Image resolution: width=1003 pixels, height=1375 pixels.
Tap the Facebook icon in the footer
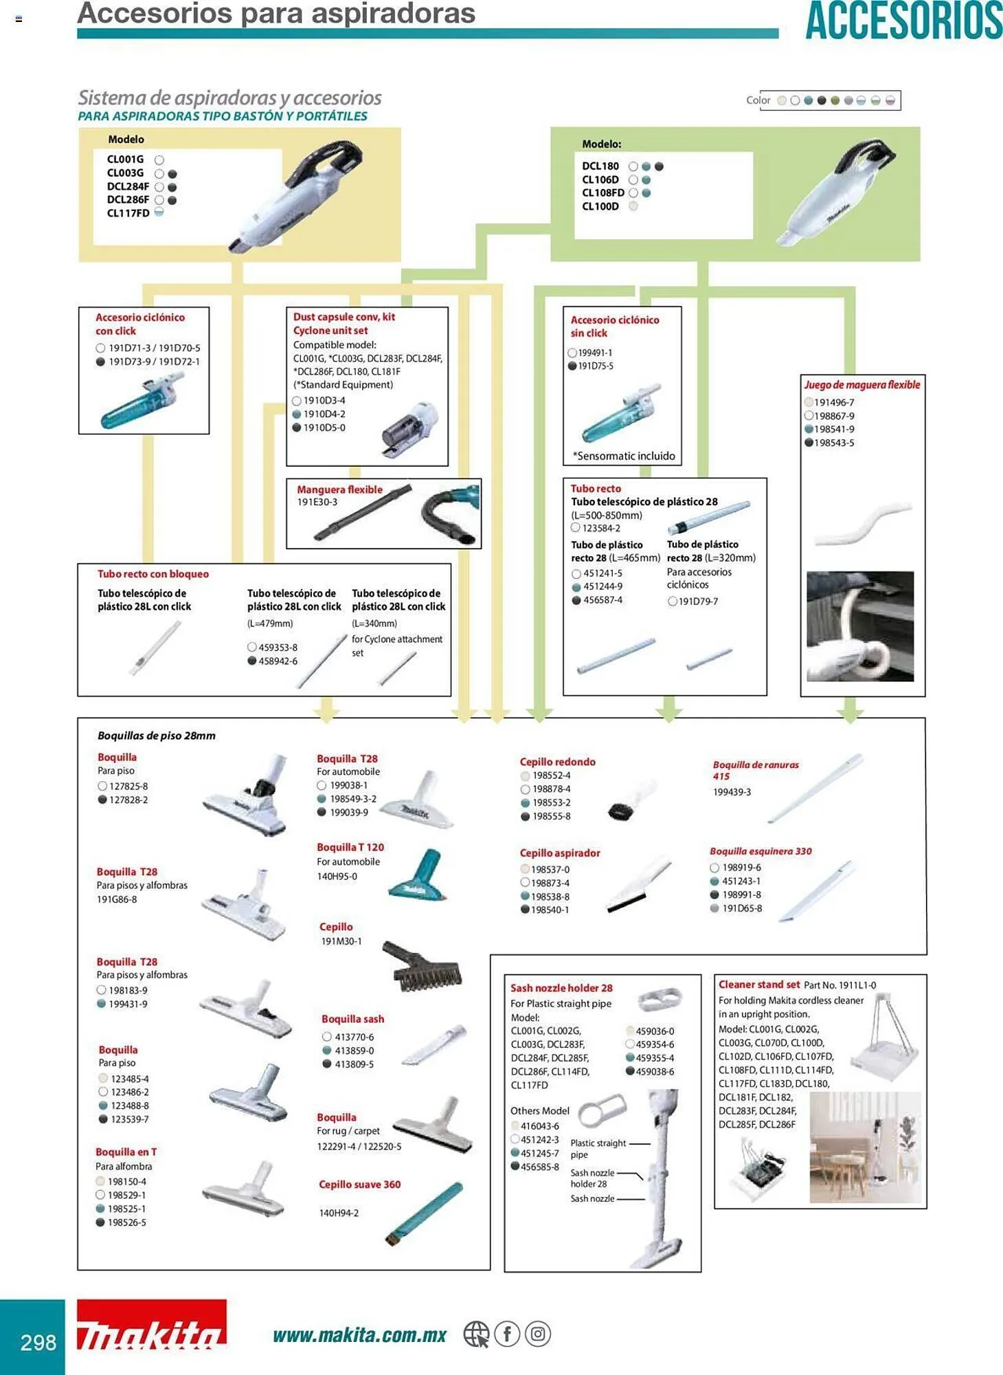[507, 1334]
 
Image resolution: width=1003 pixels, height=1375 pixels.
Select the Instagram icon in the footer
[538, 1334]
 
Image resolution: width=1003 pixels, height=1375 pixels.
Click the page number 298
[38, 1342]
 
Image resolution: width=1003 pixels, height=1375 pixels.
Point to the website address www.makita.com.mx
[359, 1335]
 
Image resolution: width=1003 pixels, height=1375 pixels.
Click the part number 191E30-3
[317, 503]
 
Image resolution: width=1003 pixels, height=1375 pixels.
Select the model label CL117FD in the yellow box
[128, 213]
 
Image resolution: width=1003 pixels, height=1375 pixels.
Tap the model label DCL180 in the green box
[600, 166]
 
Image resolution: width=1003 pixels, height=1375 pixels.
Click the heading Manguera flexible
[339, 489]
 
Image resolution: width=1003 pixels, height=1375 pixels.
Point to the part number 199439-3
[732, 792]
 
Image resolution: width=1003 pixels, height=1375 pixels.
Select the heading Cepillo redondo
[557, 762]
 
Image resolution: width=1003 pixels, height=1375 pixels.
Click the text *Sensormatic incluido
[624, 456]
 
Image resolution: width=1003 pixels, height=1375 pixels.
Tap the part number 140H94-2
[339, 1213]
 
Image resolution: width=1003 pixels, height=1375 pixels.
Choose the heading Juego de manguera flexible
[862, 385]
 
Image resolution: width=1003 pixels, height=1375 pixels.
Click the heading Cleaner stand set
[759, 984]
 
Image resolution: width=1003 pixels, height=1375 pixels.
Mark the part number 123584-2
[601, 528]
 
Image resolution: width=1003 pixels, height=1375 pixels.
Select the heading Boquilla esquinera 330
[760, 851]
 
